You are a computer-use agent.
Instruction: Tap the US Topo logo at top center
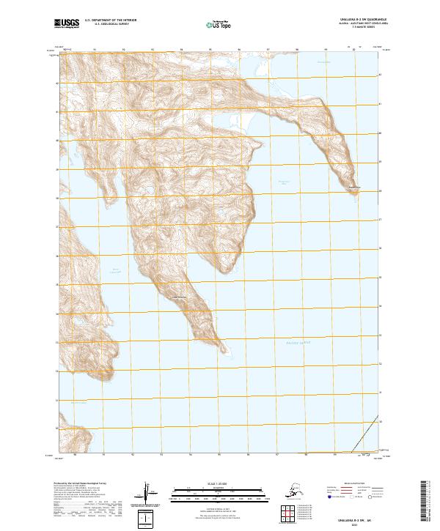click(x=220, y=25)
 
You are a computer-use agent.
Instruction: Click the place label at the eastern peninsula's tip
click(x=355, y=187)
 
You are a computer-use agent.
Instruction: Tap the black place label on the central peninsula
click(x=179, y=296)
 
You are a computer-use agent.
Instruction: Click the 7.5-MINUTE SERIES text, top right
click(x=352, y=30)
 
